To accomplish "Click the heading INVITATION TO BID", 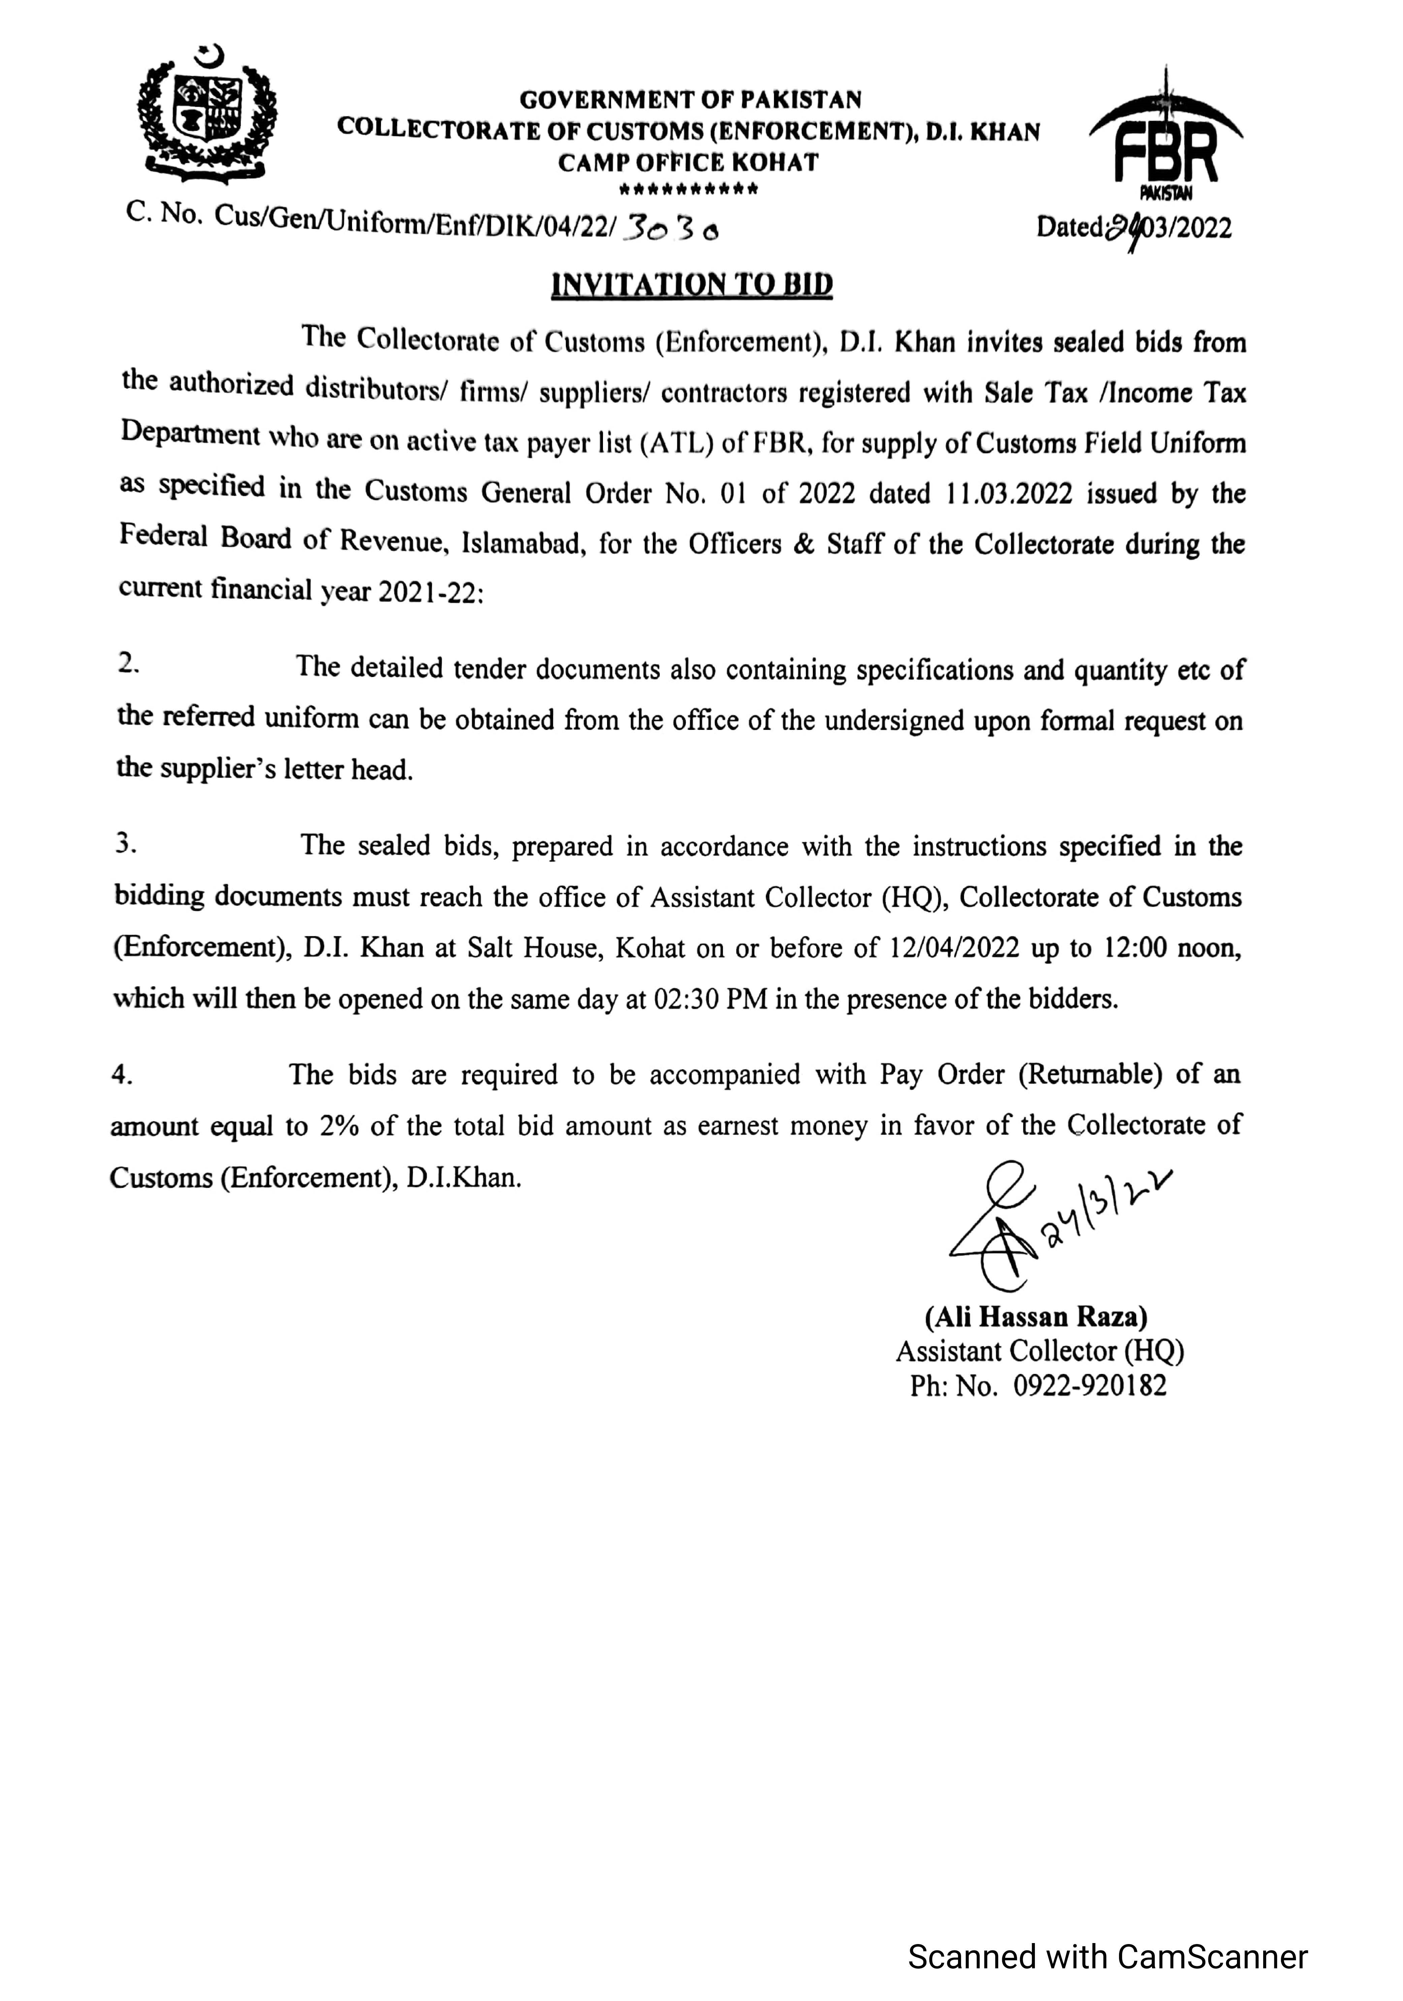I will [692, 285].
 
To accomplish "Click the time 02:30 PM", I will [710, 999].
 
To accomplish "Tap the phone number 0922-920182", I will [1089, 1386].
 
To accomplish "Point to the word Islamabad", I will [519, 544].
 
